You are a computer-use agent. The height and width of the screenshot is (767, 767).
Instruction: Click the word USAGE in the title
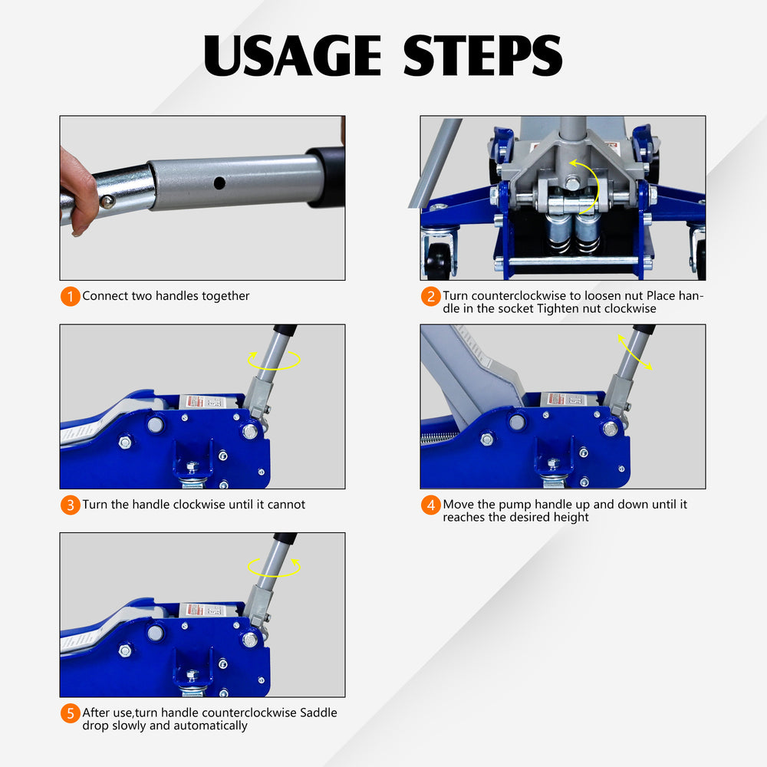pyautogui.click(x=292, y=55)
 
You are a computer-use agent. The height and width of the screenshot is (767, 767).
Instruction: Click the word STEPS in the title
pyautogui.click(x=482, y=55)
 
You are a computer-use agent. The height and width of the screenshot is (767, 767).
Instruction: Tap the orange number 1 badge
pyautogui.click(x=71, y=296)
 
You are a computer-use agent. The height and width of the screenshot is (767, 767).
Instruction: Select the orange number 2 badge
pyautogui.click(x=431, y=296)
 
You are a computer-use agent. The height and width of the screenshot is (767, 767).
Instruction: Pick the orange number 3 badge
pyautogui.click(x=71, y=505)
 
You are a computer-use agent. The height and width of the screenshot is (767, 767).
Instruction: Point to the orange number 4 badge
pyautogui.click(x=431, y=505)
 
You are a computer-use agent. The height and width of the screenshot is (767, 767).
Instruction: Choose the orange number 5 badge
pyautogui.click(x=71, y=713)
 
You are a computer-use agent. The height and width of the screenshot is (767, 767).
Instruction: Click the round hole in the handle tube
pyautogui.click(x=219, y=183)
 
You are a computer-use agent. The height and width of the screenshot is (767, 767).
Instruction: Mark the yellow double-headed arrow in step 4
pyautogui.click(x=634, y=352)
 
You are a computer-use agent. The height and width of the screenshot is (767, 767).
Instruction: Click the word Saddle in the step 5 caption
pyautogui.click(x=318, y=713)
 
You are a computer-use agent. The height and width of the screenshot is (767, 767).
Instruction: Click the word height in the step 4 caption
pyautogui.click(x=571, y=517)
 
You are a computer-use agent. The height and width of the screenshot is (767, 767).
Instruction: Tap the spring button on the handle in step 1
pyautogui.click(x=107, y=201)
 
